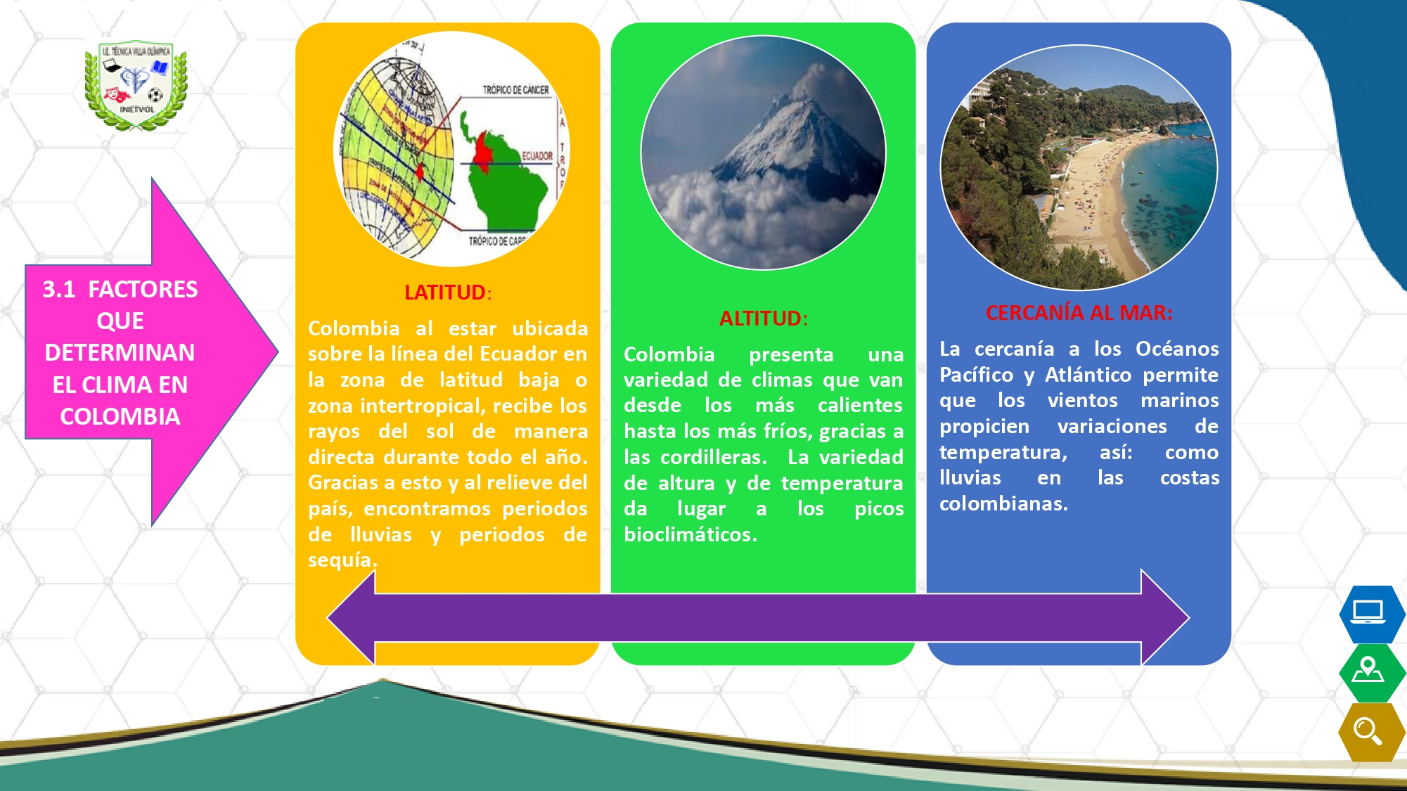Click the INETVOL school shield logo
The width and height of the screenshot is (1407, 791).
coord(136,85)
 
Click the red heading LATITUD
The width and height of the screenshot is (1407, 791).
coord(445,292)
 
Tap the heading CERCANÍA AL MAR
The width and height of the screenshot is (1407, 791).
coord(1079,313)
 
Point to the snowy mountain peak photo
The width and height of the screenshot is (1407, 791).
coord(763,153)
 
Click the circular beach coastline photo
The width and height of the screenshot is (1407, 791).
coord(1079,167)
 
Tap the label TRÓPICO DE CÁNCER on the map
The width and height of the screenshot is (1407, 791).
coord(515,90)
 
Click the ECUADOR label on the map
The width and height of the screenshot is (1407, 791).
coord(537,156)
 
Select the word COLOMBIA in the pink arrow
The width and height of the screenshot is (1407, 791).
coord(120,416)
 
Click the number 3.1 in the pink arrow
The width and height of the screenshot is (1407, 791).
coord(59,289)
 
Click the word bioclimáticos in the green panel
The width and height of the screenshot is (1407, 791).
coord(690,534)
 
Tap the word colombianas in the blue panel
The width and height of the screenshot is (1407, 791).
coord(1003,503)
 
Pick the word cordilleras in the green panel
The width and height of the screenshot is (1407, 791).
coord(713,457)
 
